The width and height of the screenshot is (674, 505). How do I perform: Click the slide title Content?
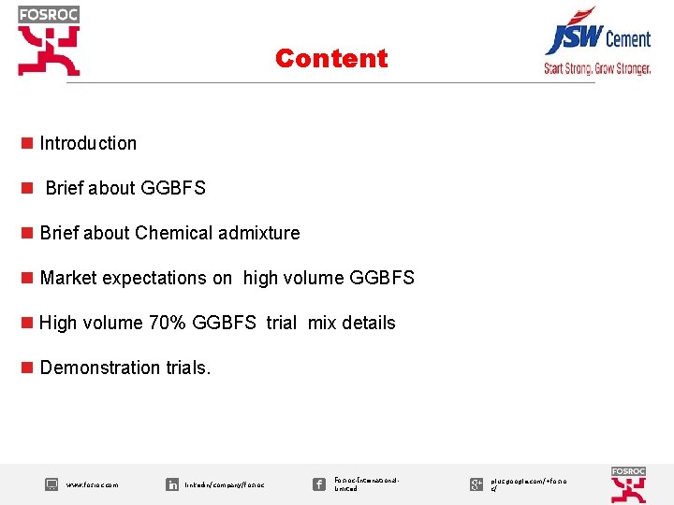331,58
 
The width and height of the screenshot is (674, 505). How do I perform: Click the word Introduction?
88,143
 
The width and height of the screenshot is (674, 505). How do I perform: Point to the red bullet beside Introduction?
27,143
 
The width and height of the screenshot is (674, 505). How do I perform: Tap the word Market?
68,278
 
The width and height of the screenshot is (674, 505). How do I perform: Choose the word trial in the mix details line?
281,323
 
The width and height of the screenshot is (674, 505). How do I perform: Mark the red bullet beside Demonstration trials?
27,368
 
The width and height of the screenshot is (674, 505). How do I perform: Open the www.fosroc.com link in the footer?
92,485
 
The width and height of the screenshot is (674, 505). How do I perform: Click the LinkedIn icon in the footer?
172,484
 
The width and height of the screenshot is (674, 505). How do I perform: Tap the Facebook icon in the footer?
319,483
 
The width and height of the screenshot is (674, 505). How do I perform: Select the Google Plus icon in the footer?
476,483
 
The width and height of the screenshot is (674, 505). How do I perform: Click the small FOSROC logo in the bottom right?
628,484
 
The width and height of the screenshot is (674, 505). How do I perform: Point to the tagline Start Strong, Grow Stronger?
597,68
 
